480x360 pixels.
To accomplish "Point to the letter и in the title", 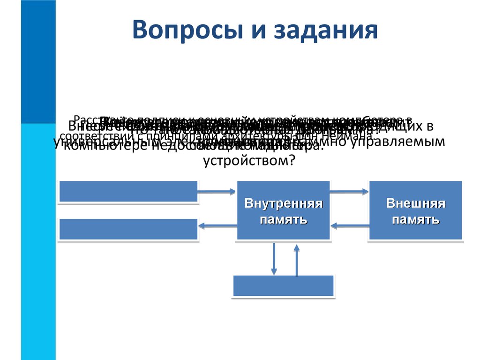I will pos(245,31).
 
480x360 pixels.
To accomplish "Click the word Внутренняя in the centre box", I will pos(284,204).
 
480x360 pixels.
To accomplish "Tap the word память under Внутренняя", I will pos(284,219).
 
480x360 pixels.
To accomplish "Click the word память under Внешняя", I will pos(416,219).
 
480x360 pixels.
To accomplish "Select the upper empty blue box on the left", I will pos(128,191).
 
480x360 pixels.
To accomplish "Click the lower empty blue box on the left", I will pos(128,229).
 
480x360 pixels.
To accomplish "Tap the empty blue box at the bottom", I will pos(284,285).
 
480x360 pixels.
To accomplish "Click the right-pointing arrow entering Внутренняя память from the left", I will pos(217,191).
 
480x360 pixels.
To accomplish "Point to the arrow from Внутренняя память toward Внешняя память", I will pos(349,191).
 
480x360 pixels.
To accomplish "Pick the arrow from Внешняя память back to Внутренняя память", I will pos(349,225).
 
